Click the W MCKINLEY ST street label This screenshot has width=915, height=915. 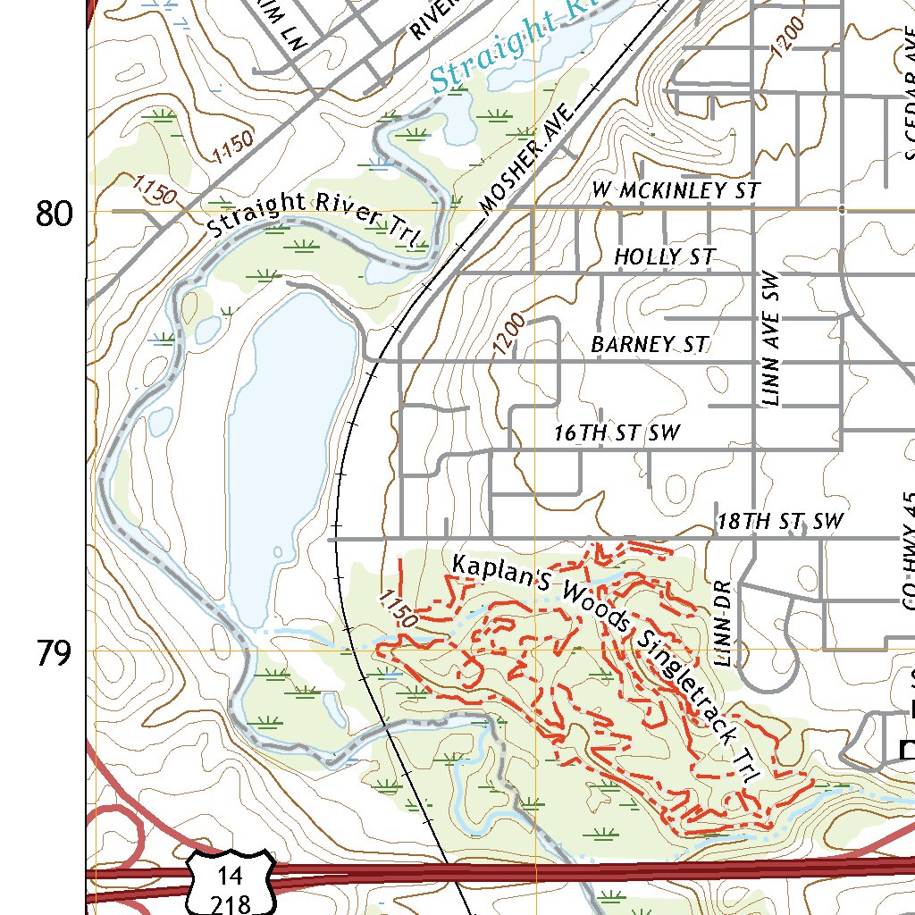tap(676, 190)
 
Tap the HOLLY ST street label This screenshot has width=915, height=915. tap(664, 257)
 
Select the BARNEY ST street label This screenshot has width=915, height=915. tap(650, 344)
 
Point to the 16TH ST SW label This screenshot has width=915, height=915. tap(617, 433)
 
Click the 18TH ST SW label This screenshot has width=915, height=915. tap(780, 521)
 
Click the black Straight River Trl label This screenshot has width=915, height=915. tap(315, 214)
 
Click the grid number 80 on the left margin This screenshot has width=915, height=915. tap(55, 214)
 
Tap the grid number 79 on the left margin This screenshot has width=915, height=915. tap(55, 654)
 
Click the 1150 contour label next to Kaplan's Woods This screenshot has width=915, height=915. tap(398, 609)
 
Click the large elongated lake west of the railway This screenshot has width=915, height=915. tap(290, 447)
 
